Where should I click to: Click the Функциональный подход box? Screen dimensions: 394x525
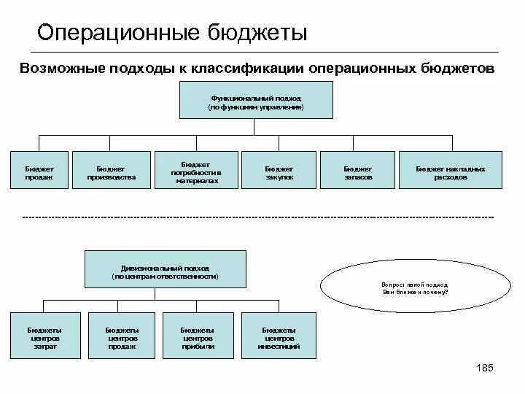click(x=256, y=100)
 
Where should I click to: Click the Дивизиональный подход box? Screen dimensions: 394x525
click(x=166, y=269)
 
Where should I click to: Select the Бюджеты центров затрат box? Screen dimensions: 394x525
click(x=44, y=336)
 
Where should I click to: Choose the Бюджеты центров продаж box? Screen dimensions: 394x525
click(x=122, y=336)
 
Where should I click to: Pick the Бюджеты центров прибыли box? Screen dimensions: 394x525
click(x=198, y=336)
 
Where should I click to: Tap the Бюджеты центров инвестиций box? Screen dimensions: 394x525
click(x=279, y=336)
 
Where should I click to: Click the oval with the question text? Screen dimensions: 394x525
click(x=414, y=287)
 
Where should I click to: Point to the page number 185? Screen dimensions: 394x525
click(x=484, y=368)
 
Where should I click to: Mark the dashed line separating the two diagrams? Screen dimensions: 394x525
click(x=258, y=217)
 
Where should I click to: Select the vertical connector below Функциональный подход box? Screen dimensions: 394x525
click(x=254, y=127)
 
